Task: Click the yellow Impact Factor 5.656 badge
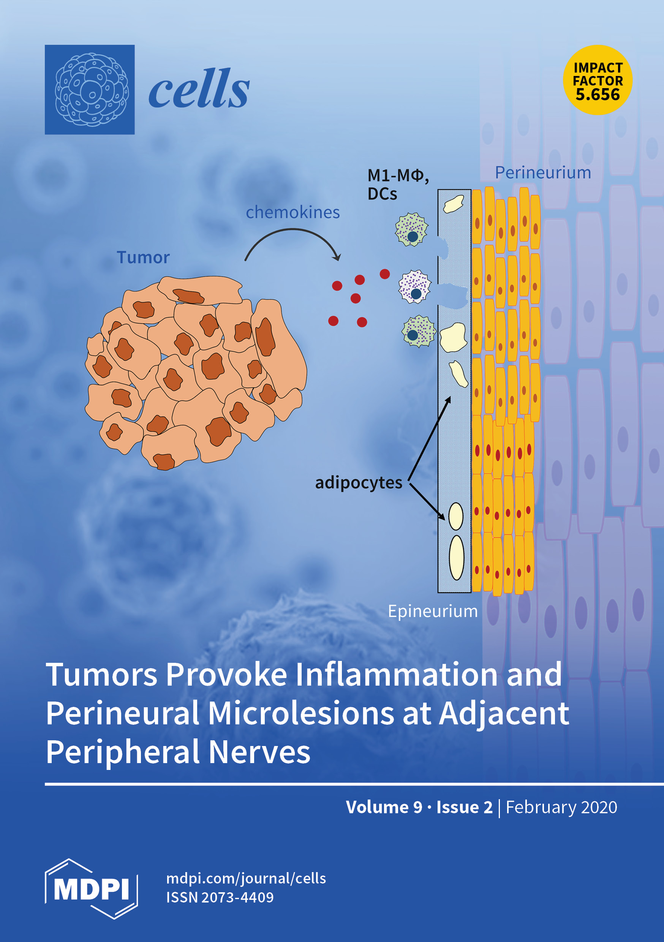597,80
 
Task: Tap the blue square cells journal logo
90,89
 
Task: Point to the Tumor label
143,258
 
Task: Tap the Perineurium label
542,173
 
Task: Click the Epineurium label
433,611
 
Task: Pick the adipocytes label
358,482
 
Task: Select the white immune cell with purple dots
415,287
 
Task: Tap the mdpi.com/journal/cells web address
246,879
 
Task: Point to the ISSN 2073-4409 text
220,897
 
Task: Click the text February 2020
561,807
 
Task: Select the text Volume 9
384,807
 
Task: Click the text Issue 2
464,807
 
